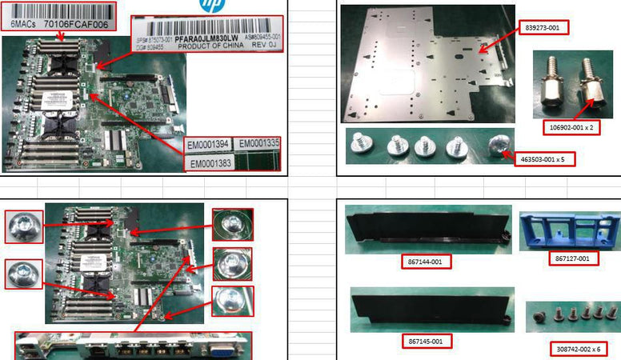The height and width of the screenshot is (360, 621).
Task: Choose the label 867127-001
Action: pos(571,258)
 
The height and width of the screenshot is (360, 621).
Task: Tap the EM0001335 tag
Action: pos(259,145)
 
